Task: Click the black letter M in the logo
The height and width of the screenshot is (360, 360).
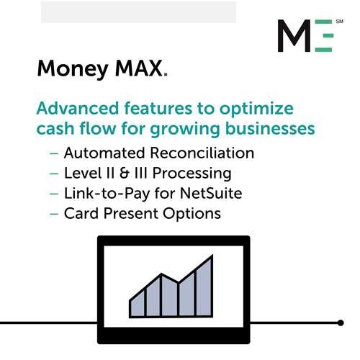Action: click(294, 35)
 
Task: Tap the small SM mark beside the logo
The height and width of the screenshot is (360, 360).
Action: click(340, 22)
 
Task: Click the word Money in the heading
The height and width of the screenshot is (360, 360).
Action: click(73, 69)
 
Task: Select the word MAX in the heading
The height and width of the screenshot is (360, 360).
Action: click(138, 68)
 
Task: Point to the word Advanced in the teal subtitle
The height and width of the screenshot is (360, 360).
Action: click(78, 108)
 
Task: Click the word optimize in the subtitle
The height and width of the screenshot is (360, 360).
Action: click(256, 109)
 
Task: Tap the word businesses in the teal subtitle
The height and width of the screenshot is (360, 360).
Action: click(270, 128)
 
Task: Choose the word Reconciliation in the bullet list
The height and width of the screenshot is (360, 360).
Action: click(202, 153)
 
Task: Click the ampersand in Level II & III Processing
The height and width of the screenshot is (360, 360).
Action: click(125, 173)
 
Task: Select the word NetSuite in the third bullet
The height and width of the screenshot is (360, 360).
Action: click(211, 193)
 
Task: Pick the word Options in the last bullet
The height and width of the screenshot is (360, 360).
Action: click(192, 214)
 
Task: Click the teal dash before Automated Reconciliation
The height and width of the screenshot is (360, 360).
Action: click(54, 153)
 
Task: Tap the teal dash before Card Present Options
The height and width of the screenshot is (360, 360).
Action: click(54, 214)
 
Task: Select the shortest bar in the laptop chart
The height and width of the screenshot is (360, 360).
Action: click(138, 304)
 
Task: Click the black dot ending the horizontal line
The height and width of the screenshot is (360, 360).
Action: click(341, 323)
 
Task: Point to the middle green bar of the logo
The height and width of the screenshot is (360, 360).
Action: click(328, 36)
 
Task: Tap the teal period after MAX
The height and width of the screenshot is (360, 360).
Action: click(166, 75)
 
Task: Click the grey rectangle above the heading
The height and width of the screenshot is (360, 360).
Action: click(138, 12)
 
